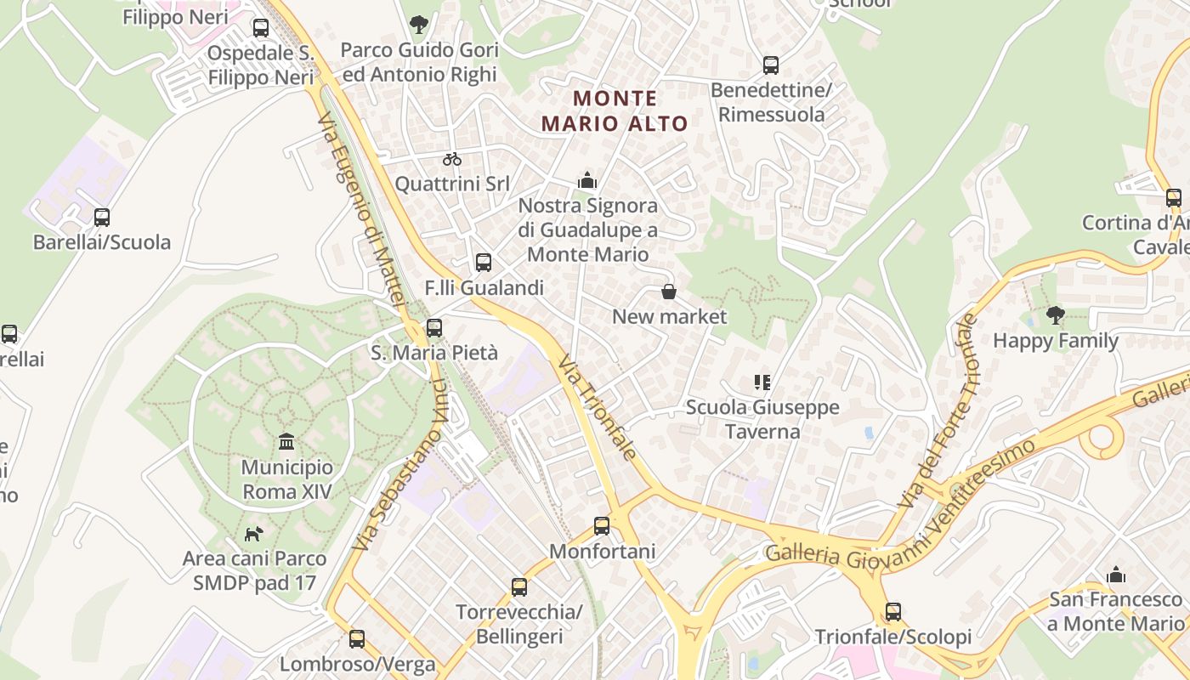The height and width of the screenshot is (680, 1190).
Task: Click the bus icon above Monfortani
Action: click(602, 526)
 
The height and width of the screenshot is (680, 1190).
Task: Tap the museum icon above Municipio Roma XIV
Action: click(286, 442)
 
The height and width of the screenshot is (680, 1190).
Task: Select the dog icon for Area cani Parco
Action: click(254, 534)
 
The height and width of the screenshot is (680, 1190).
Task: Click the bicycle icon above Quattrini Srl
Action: click(452, 159)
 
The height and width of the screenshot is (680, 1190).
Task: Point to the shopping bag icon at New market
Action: click(669, 292)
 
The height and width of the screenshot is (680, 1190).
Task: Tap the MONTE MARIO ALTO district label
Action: click(614, 111)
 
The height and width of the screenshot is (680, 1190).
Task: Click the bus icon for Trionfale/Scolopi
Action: click(892, 612)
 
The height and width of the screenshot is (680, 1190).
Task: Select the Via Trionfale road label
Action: click(598, 406)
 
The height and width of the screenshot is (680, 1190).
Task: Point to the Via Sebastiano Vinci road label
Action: click(399, 465)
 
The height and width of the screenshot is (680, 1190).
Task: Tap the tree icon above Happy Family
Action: click(1056, 316)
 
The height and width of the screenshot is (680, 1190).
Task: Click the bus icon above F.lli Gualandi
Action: click(484, 263)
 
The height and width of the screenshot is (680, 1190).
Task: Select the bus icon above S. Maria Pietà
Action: click(434, 327)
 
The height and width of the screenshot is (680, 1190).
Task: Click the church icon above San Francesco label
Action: click(1116, 575)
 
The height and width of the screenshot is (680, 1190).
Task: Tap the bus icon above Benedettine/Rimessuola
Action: click(771, 65)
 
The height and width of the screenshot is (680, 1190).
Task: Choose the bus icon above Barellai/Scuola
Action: click(102, 218)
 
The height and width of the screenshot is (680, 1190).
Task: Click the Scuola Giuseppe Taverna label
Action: click(762, 419)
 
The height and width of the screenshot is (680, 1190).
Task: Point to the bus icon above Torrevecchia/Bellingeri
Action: click(518, 587)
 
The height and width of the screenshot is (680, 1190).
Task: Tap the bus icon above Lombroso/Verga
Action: click(357, 639)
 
